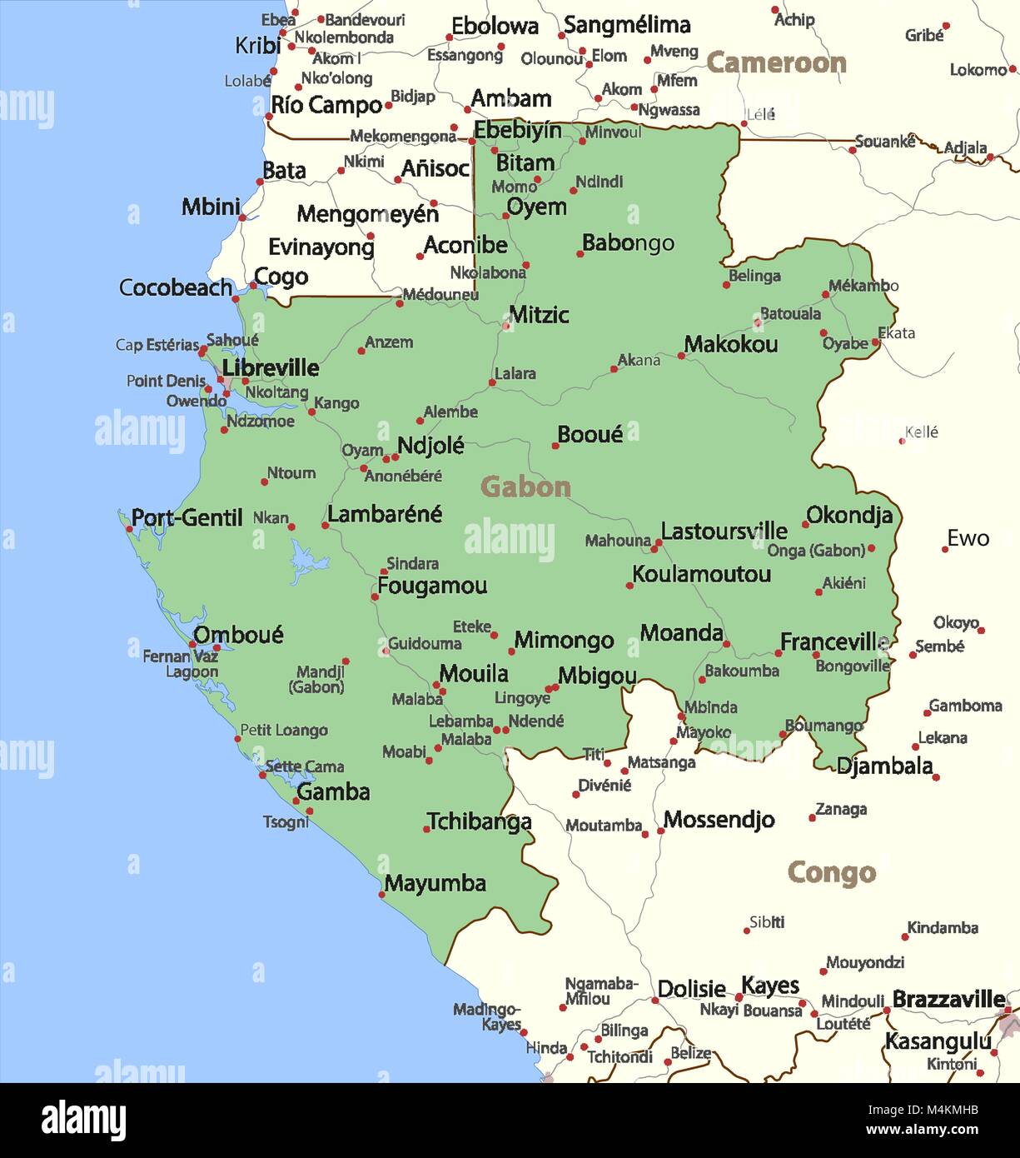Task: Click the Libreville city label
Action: [270, 367]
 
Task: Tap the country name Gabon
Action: [525, 487]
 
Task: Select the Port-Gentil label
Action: [187, 517]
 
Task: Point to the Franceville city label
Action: [833, 641]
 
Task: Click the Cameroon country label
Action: [776, 62]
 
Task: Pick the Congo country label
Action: [831, 872]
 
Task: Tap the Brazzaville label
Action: [948, 998]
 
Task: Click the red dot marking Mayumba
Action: [382, 895]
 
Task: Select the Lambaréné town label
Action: [385, 514]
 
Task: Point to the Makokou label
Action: [731, 344]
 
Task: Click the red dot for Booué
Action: [555, 446]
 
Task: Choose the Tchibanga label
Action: [479, 821]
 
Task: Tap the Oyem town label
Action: [536, 207]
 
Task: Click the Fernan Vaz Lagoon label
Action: [181, 664]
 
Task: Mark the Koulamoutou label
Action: [701, 574]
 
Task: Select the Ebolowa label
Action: [495, 27]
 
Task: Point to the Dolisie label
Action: [691, 989]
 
